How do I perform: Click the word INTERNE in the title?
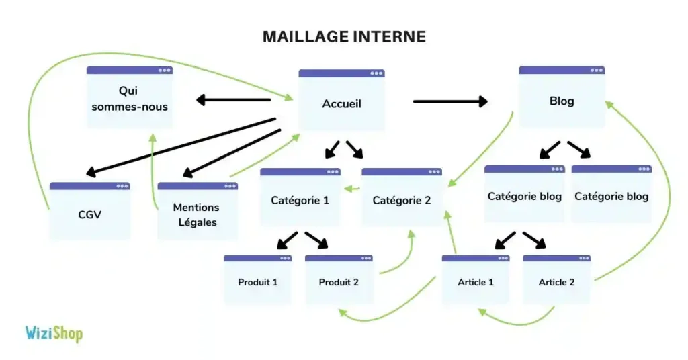pyautogui.click(x=388, y=36)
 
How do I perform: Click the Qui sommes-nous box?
pyautogui.click(x=130, y=98)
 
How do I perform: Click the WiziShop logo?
pyautogui.click(x=54, y=333)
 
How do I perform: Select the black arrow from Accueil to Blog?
pyautogui.click(x=450, y=102)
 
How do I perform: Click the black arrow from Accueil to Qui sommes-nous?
pyautogui.click(x=234, y=101)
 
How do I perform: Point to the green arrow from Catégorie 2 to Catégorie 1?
pyautogui.click(x=351, y=189)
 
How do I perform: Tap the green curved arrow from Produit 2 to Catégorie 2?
pyautogui.click(x=403, y=255)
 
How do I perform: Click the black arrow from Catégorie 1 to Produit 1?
pyautogui.click(x=286, y=240)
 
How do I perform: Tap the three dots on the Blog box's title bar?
pyautogui.click(x=594, y=70)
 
